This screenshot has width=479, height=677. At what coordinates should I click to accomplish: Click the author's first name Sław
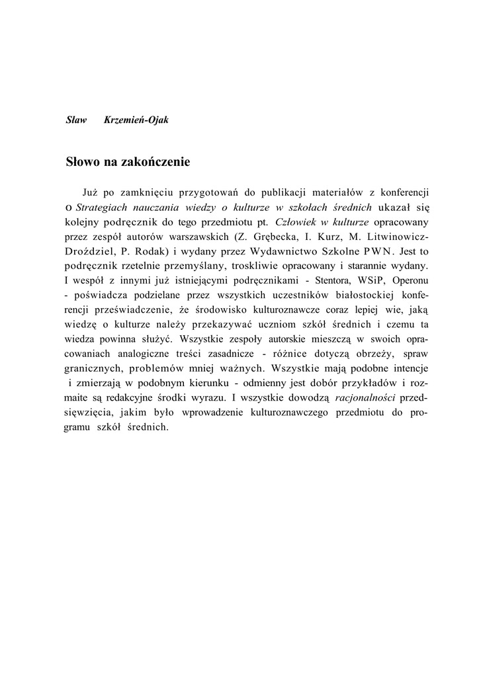coord(76,121)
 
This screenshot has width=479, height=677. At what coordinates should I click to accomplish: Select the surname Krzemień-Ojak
coord(136,121)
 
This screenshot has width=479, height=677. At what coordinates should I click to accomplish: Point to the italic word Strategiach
coord(105,207)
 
